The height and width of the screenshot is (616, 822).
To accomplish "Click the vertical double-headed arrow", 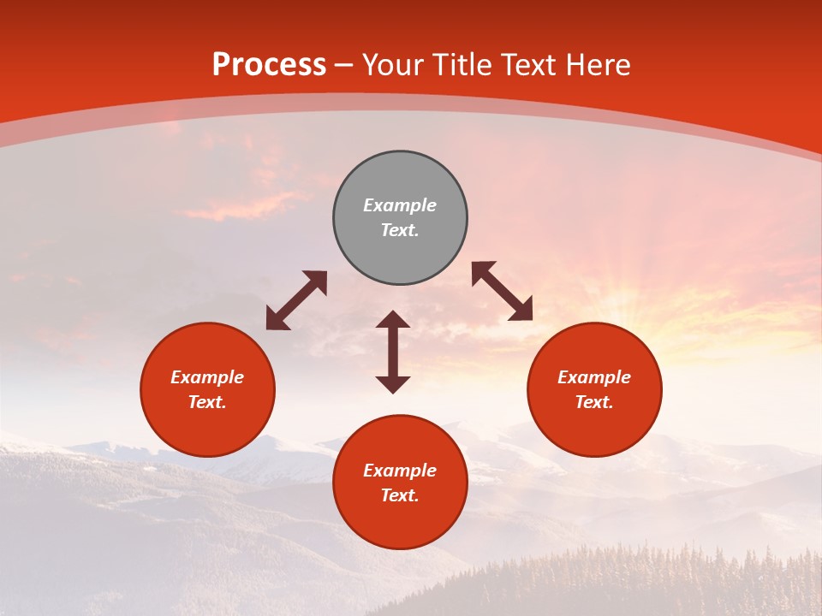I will [393, 352].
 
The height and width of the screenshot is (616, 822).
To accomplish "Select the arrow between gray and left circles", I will [296, 300].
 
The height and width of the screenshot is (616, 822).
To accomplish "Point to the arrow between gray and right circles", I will [503, 291].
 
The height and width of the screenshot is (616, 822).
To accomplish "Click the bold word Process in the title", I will [269, 65].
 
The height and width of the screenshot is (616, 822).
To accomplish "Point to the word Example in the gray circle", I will [400, 205].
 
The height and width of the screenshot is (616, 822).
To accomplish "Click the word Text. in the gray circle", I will [400, 230].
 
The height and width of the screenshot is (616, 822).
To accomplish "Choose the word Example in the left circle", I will [207, 377].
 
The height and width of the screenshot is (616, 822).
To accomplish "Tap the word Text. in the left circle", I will [207, 402].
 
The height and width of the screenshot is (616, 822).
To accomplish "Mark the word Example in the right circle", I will [594, 377].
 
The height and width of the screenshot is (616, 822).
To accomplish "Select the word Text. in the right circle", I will [594, 402].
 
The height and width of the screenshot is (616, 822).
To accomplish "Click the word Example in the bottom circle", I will [400, 471].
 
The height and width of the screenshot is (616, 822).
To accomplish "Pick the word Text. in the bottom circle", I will [400, 495].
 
